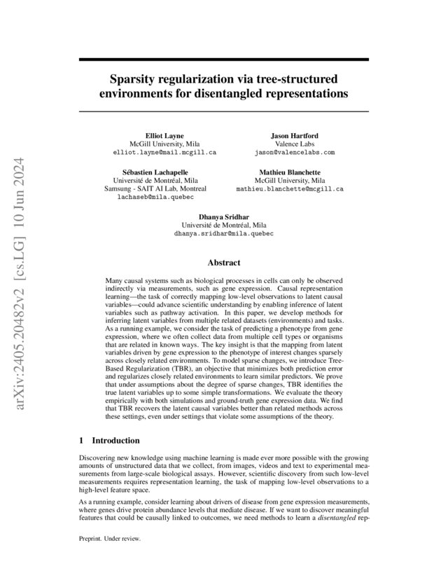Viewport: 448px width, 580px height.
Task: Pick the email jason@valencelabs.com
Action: coord(295,151)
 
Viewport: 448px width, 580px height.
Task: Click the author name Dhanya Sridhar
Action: coord(223,217)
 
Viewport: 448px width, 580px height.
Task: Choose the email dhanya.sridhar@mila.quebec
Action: coord(223,234)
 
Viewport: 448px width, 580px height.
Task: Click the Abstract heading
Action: coord(223,263)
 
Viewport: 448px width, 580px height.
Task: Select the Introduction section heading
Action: coord(116,441)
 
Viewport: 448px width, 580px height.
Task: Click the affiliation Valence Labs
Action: coord(295,143)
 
